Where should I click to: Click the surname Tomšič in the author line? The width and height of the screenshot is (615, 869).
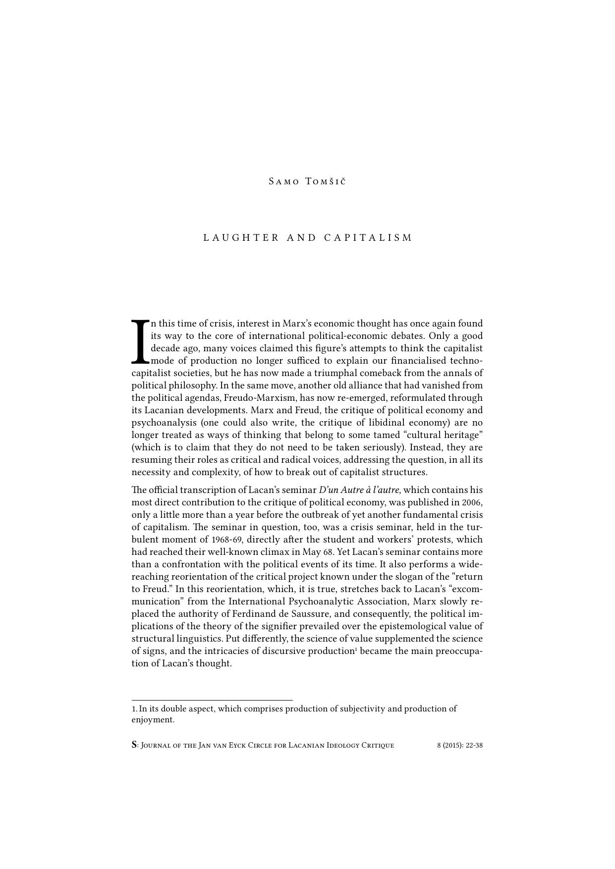pos(326,181)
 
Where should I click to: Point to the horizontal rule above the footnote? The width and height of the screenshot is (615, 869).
pos(212,700)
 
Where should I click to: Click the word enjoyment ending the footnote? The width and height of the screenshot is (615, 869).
pos(152,720)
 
